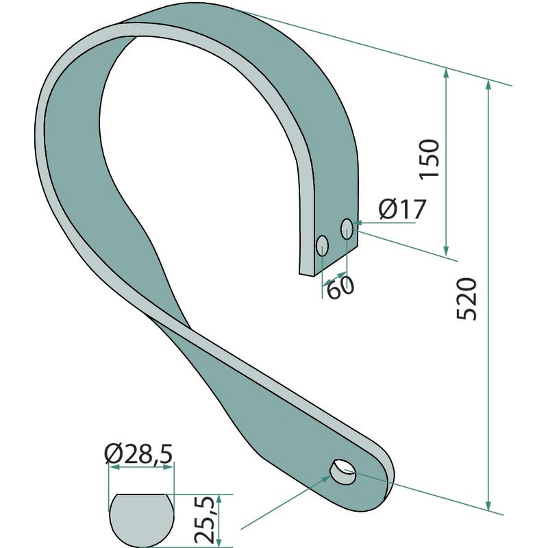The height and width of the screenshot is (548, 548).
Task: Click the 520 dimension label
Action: click(x=467, y=299)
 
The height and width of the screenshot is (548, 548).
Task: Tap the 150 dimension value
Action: click(x=429, y=159)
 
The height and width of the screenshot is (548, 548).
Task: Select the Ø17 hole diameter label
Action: click(x=403, y=209)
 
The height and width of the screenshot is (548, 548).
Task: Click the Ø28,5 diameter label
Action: click(x=139, y=454)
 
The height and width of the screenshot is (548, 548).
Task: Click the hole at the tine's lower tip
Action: click(x=343, y=472)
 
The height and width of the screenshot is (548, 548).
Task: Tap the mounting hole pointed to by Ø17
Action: click(x=347, y=229)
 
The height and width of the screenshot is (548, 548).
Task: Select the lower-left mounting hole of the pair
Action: click(x=322, y=246)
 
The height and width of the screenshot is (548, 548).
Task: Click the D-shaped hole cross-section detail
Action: click(x=141, y=521)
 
